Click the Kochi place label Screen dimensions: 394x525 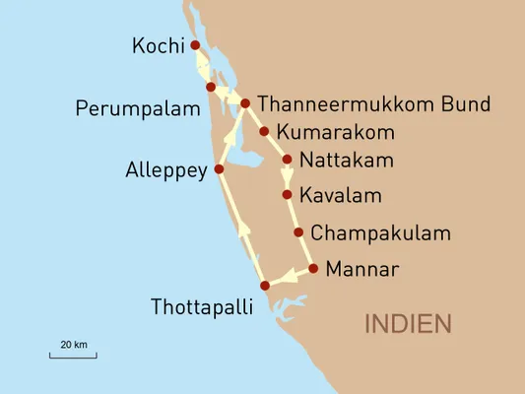[158, 46]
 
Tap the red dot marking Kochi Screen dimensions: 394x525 [195, 45]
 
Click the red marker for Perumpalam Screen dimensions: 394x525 [211, 88]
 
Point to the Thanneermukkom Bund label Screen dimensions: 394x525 [372, 104]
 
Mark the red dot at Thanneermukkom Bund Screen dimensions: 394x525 [245, 103]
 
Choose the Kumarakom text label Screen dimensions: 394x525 [336, 131]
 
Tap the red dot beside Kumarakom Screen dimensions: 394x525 [264, 131]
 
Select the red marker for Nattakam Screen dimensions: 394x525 [287, 160]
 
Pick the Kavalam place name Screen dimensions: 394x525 [340, 195]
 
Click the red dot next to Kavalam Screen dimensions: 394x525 [287, 195]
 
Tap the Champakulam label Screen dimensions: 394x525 [380, 233]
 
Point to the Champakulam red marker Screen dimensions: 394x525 [298, 232]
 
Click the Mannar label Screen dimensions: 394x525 [363, 268]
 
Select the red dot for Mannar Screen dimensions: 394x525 [313, 268]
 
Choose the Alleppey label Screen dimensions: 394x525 [166, 169]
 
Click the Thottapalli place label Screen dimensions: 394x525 [201, 306]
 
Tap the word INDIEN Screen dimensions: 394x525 [408, 323]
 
